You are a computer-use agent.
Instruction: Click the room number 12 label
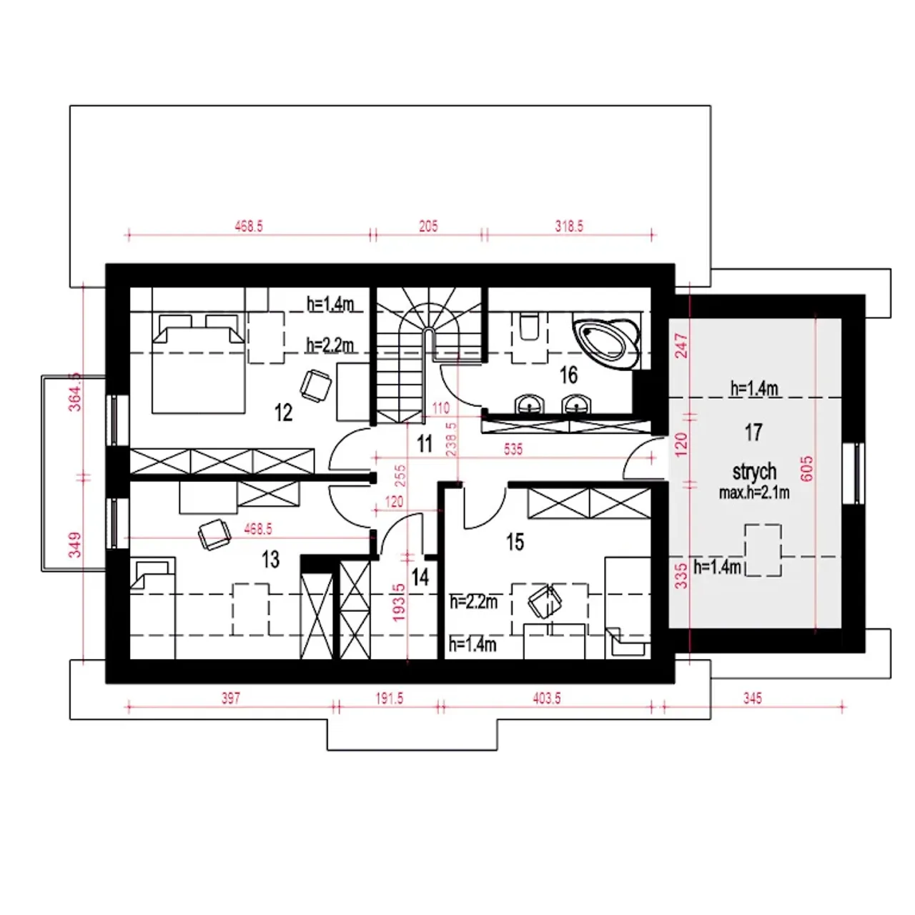(x=283, y=412)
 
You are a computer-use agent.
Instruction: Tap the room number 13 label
(x=271, y=559)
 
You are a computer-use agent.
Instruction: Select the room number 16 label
(x=568, y=375)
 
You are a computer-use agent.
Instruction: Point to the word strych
(x=754, y=472)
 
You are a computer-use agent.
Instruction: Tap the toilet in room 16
(x=529, y=326)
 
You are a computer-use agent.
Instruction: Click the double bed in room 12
(x=198, y=363)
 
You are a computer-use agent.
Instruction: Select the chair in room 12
(x=315, y=385)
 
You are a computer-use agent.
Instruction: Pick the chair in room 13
(x=214, y=534)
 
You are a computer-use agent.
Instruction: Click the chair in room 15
(x=545, y=602)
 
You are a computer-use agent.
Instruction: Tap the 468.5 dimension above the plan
(x=248, y=226)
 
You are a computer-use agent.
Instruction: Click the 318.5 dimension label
(x=569, y=226)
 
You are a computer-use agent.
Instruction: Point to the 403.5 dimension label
(x=547, y=698)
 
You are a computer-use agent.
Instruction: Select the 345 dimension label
(x=753, y=698)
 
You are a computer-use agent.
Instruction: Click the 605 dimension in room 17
(x=806, y=469)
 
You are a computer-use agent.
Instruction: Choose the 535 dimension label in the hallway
(x=513, y=449)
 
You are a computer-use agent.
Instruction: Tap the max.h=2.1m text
(x=754, y=493)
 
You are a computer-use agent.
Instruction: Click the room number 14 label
(x=420, y=578)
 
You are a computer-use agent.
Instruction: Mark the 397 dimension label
(x=231, y=698)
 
